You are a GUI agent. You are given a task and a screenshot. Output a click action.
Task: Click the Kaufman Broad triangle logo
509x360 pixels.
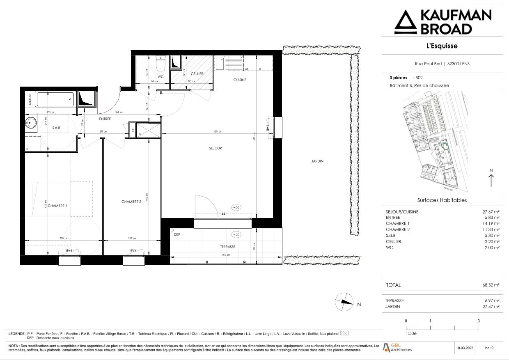pyautogui.click(x=405, y=22)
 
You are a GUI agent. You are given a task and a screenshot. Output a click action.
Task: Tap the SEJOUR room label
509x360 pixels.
pyautogui.click(x=215, y=148)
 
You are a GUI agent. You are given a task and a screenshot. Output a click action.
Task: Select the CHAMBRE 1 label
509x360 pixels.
pyautogui.click(x=57, y=206)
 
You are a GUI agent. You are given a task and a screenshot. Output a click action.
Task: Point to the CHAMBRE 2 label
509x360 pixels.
pyautogui.click(x=131, y=202)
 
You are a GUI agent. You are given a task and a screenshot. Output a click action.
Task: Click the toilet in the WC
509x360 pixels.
pyautogui.click(x=160, y=64)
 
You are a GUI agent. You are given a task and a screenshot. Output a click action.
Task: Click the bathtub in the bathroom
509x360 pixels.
pyautogui.click(x=55, y=99)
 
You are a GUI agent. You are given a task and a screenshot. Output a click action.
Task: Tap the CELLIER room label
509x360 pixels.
pyautogui.click(x=197, y=74)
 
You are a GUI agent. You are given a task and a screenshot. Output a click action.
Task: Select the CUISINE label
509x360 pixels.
pyautogui.click(x=240, y=80)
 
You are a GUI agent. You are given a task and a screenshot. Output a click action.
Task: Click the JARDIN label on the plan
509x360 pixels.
pyautogui.click(x=317, y=161)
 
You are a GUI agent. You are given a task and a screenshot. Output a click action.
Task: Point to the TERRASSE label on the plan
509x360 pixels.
pyautogui.click(x=227, y=247)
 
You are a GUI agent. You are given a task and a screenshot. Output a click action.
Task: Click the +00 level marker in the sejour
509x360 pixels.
pyautogui.click(x=236, y=208)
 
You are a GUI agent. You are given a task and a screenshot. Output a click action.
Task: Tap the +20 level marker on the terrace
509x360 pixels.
pyautogui.click(x=236, y=235)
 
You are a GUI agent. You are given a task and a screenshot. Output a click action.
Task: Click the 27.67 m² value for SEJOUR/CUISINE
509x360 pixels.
pyautogui.click(x=491, y=212)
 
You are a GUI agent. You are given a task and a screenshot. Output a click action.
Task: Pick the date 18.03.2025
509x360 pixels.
pyautogui.click(x=464, y=348)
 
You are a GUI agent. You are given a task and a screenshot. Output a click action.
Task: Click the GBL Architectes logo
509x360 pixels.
pyautogui.click(x=397, y=347)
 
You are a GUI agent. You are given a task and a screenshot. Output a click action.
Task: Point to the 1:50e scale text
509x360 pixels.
pyautogui.click(x=411, y=334)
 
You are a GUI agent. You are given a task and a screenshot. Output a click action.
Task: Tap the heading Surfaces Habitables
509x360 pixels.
pyautogui.click(x=442, y=200)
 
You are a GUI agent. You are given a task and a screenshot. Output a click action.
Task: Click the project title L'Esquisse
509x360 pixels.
pyautogui.click(x=442, y=46)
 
